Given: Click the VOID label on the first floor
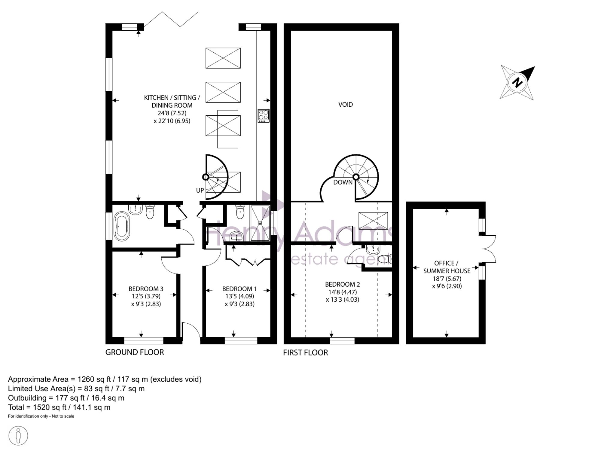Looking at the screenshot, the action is tap(346, 105).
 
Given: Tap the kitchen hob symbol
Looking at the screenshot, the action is tap(264, 116).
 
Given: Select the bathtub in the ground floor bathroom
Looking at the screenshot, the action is tap(122, 226).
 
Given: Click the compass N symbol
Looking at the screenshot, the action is tap(517, 82).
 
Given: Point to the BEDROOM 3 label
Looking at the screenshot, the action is tap(146, 289).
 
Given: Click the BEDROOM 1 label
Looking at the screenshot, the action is tap(239, 289).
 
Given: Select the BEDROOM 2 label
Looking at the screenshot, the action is tap(343, 284).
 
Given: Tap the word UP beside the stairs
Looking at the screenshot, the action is tap(200, 190).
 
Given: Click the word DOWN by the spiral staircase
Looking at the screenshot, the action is tap(343, 182).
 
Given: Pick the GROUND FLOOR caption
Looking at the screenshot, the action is tap(135, 352).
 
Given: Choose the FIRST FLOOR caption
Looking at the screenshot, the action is tap(305, 353).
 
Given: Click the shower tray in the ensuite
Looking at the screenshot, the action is tap(260, 223).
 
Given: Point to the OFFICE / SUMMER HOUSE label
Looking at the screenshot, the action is tap(447, 267).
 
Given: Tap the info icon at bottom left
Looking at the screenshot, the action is tap(18, 436).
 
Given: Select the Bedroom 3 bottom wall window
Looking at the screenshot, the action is tap(144, 340).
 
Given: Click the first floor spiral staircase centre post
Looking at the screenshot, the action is tap(356, 177).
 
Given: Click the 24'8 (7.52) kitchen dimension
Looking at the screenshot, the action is tap(172, 113).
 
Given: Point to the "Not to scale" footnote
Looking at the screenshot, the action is tap(63, 416).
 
